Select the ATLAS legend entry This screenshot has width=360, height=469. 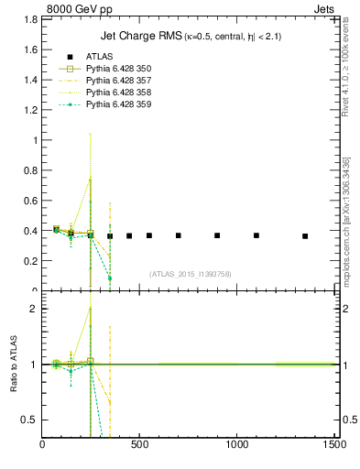99,57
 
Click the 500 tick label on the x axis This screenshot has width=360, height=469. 140,445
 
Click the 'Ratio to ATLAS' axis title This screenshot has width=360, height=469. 13,364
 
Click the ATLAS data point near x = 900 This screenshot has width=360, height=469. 217,235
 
